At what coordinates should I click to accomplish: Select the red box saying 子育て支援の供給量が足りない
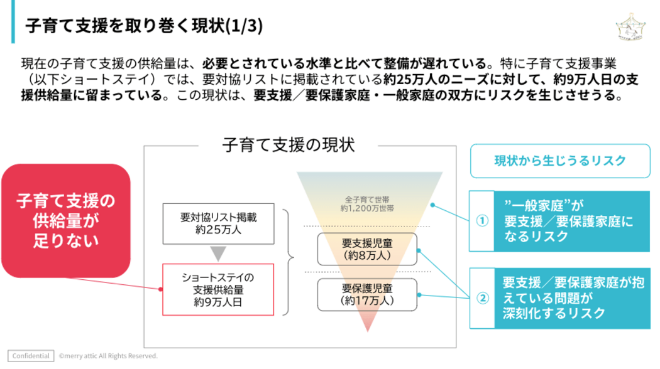pyautogui.click(x=65, y=220)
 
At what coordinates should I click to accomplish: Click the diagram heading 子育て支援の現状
pyautogui.click(x=289, y=145)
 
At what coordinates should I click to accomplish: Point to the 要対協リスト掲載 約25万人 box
pyautogui.click(x=218, y=223)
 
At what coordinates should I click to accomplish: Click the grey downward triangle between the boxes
pyautogui.click(x=218, y=254)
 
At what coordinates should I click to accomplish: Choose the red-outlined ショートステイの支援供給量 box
pyautogui.click(x=218, y=289)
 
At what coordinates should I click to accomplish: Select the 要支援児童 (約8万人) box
pyautogui.click(x=367, y=249)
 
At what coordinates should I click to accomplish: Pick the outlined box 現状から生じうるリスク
pyautogui.click(x=559, y=161)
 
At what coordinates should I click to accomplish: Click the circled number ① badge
pyautogui.click(x=482, y=221)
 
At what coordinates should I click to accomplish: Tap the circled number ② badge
pyautogui.click(x=482, y=298)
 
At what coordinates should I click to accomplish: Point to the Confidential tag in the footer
pyautogui.click(x=31, y=356)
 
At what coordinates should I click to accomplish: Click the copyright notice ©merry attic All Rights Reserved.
pyautogui.click(x=108, y=356)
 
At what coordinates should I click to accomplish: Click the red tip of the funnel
pyautogui.click(x=367, y=325)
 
